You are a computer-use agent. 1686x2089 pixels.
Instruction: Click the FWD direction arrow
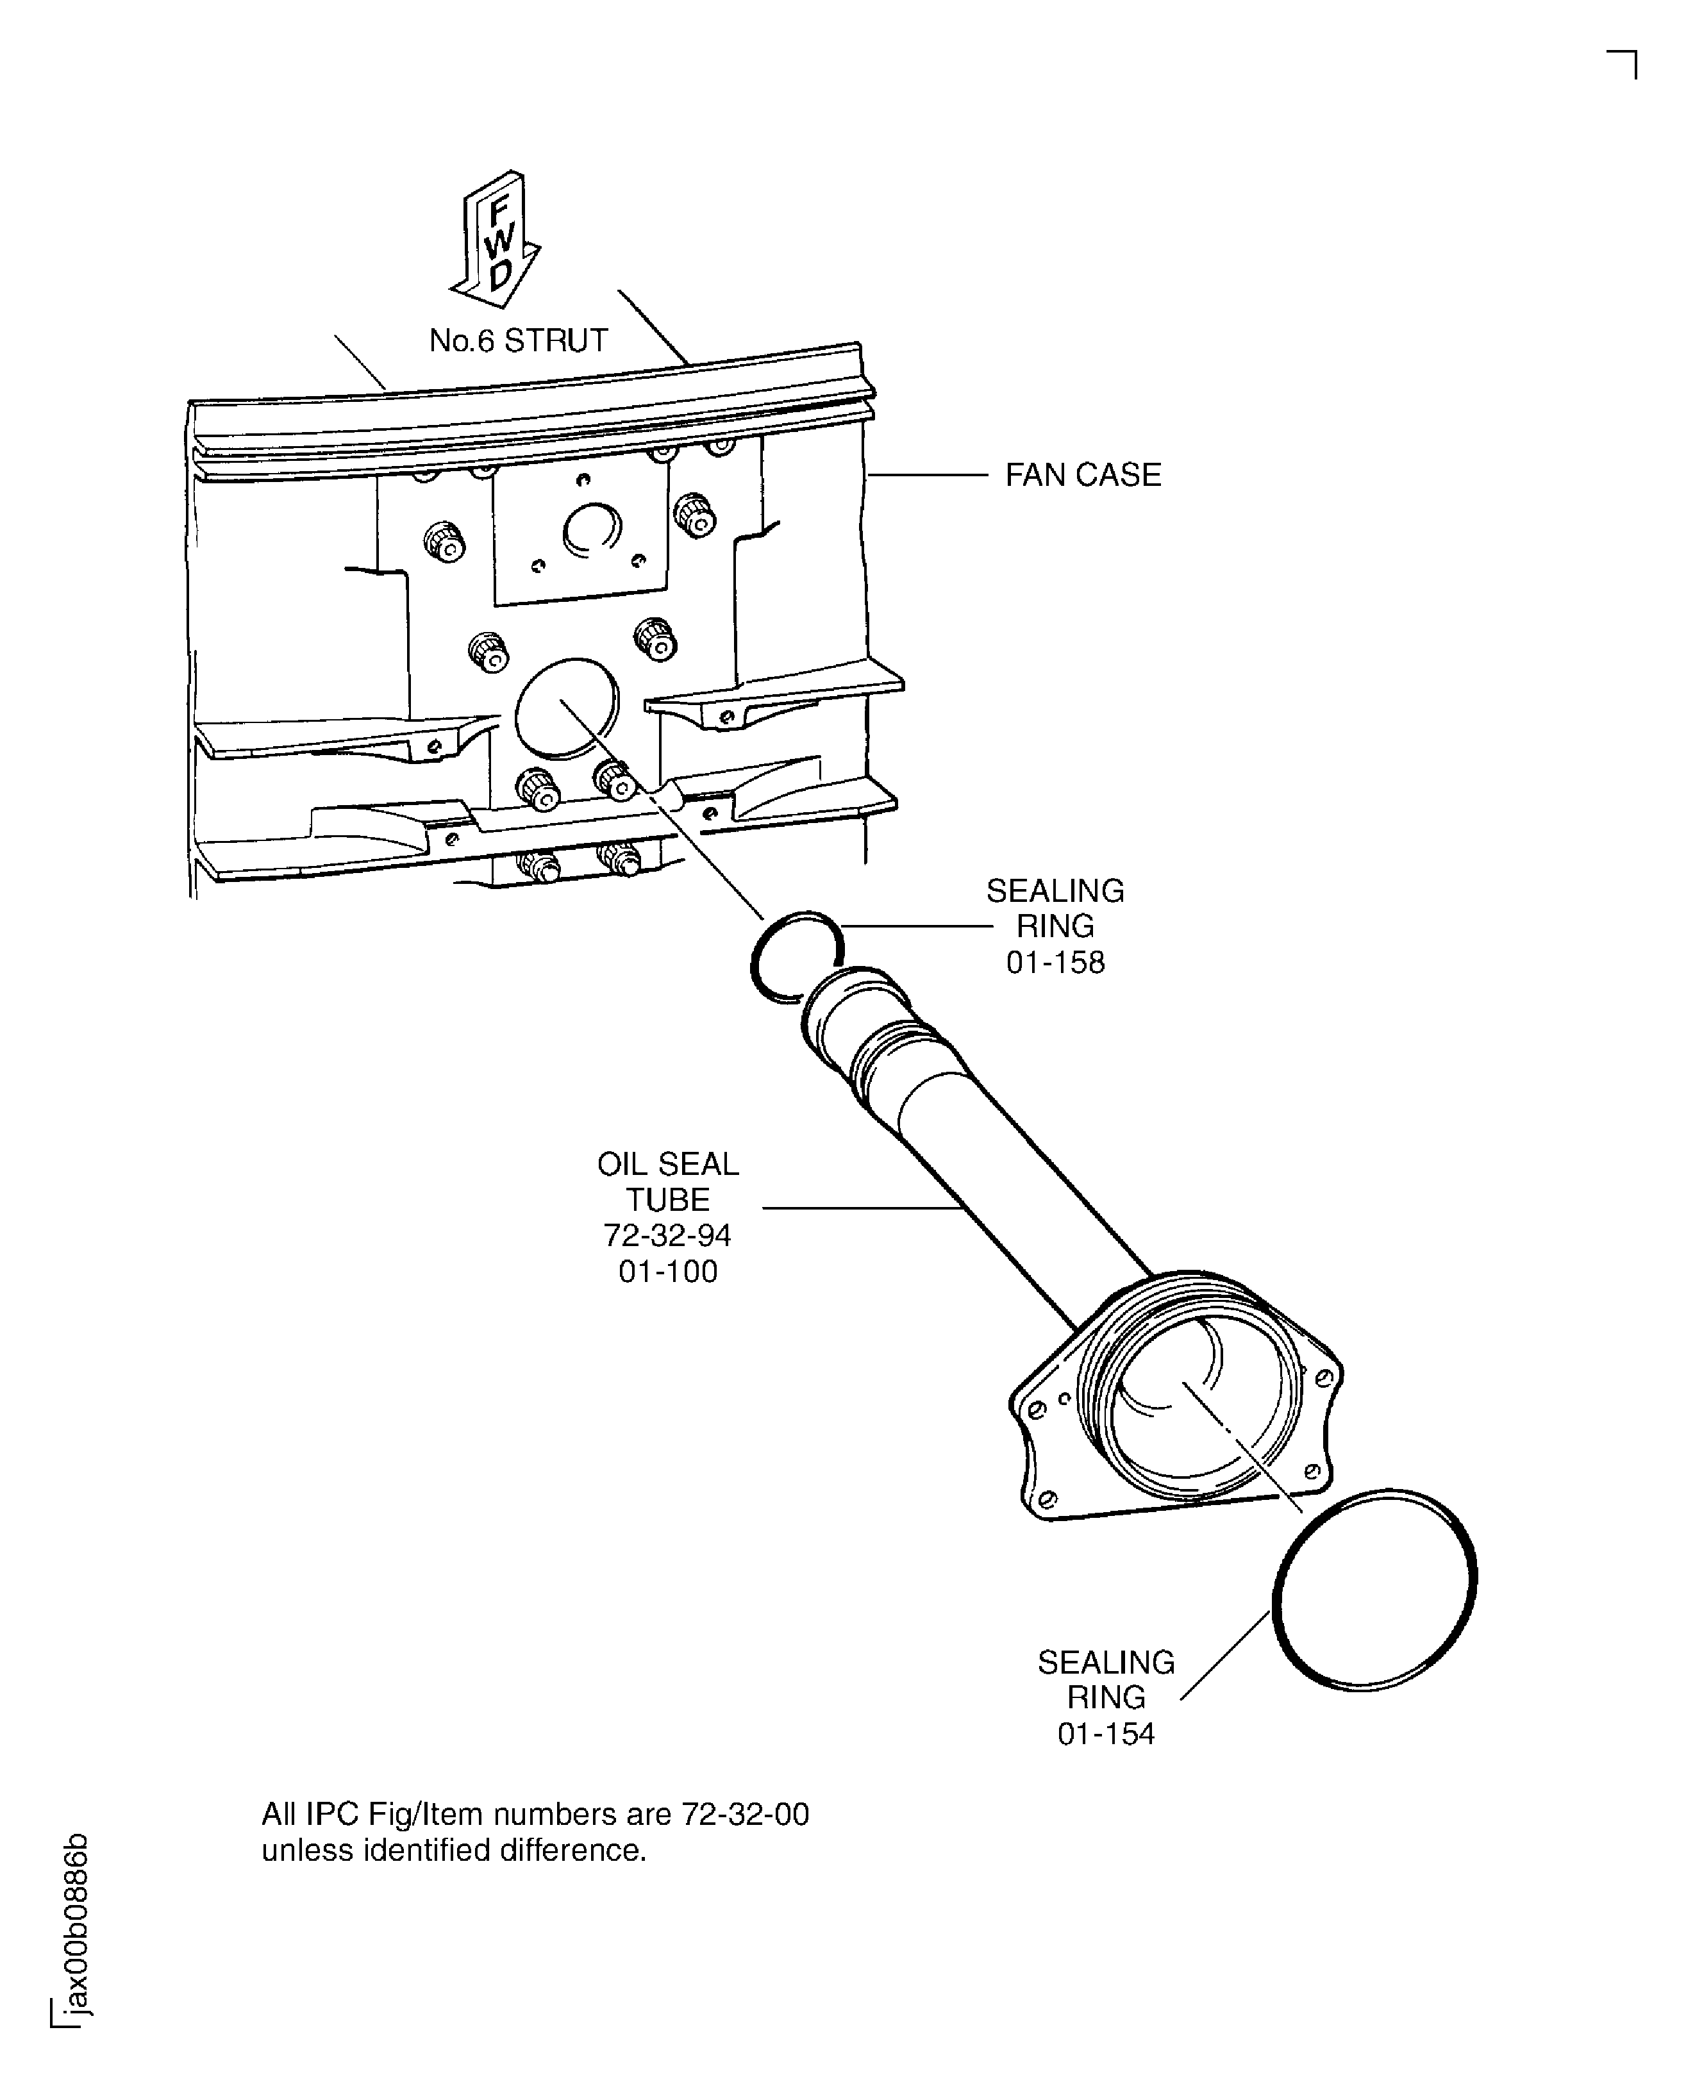[496, 239]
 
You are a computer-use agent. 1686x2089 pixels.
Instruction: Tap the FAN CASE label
[1083, 475]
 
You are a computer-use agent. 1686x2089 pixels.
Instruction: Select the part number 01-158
[1056, 962]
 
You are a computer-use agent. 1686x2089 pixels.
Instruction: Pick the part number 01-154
[1106, 1733]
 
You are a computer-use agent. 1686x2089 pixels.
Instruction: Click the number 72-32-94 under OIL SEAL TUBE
[667, 1235]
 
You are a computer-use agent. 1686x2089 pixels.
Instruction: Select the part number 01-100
[668, 1271]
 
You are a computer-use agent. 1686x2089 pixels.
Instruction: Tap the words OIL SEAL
[668, 1163]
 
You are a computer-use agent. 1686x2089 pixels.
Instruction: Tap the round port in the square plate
[592, 530]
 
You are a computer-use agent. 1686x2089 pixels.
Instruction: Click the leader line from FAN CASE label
[928, 475]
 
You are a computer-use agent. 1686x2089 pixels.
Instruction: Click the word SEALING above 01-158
[1056, 890]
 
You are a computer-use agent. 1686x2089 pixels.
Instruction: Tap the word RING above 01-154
[1106, 1697]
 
